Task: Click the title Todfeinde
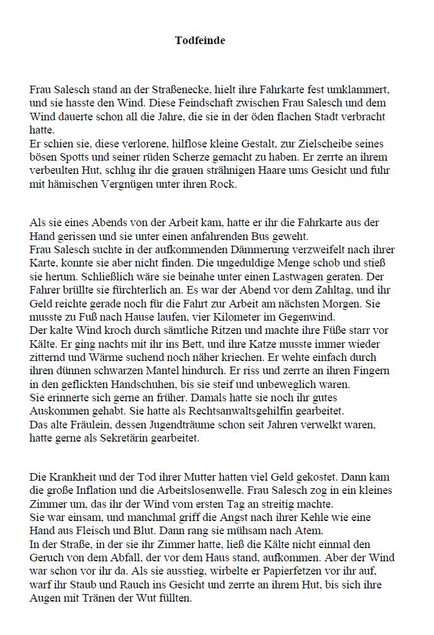click(x=200, y=41)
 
